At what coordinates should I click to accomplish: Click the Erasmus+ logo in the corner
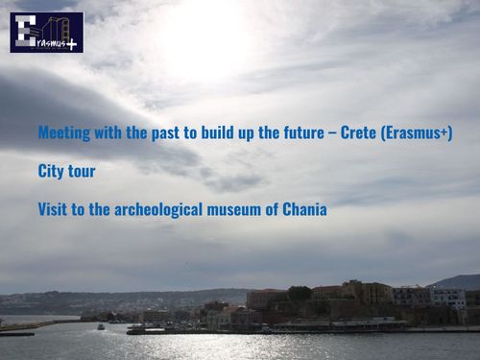46,32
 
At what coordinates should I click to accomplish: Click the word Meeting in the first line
62,133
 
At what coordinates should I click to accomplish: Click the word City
50,172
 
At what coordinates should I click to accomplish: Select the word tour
81,172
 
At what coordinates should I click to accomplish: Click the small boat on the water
101,326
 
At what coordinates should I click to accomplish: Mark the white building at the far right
447,298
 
